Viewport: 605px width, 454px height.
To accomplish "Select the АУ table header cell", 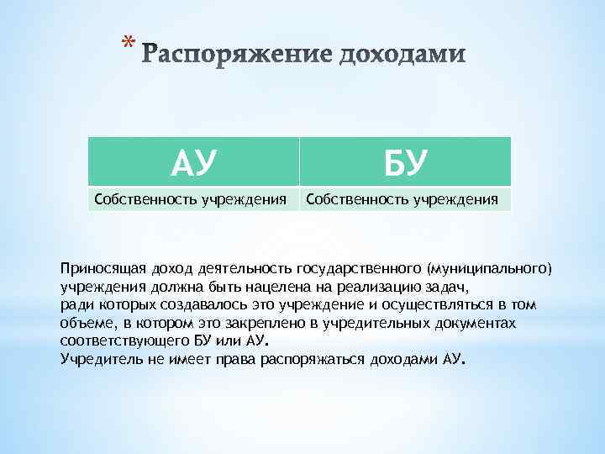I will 194,161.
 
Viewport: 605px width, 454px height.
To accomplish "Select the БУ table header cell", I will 405,161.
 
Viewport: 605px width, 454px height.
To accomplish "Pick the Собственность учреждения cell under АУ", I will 193,199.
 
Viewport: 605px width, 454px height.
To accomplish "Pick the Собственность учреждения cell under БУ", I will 405,199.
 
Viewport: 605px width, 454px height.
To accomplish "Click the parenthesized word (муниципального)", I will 490,270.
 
